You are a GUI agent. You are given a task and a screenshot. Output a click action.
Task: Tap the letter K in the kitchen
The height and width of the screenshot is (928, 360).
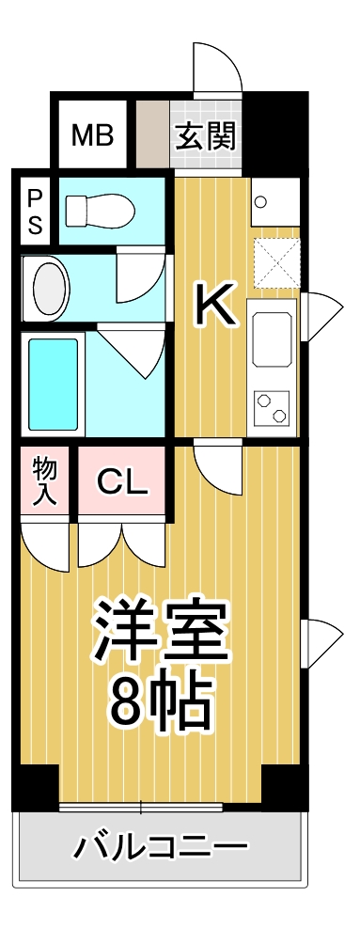click(214, 304)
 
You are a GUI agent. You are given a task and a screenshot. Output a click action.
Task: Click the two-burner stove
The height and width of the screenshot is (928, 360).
click(272, 407)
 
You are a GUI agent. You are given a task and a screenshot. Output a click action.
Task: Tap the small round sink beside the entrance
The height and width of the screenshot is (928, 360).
click(260, 200)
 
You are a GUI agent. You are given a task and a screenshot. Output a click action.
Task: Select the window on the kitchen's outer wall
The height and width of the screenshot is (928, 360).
click(318, 313)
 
